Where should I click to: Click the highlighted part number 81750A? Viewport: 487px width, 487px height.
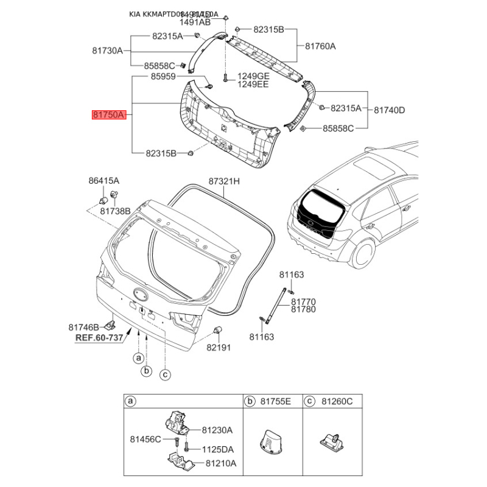click(x=108, y=114)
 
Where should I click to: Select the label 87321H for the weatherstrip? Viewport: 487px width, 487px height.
click(x=225, y=181)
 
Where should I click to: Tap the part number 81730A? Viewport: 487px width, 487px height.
click(x=108, y=51)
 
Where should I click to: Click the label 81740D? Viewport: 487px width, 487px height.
click(x=390, y=110)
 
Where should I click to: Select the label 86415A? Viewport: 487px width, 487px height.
click(x=103, y=181)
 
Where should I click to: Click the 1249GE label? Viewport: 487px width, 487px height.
click(x=253, y=76)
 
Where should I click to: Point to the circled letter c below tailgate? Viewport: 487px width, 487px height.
click(x=164, y=374)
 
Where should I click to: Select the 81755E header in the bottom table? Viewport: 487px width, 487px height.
click(x=276, y=401)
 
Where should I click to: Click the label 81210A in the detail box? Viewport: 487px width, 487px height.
click(x=220, y=464)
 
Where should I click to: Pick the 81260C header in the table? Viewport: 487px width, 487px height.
click(x=337, y=401)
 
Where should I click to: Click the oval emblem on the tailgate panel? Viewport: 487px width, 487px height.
click(x=141, y=294)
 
